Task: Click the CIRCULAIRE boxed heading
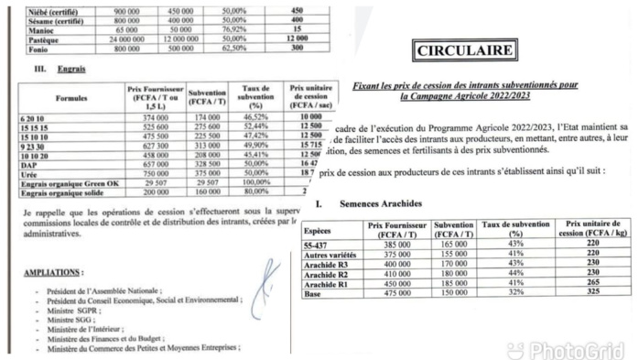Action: (464, 52)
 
